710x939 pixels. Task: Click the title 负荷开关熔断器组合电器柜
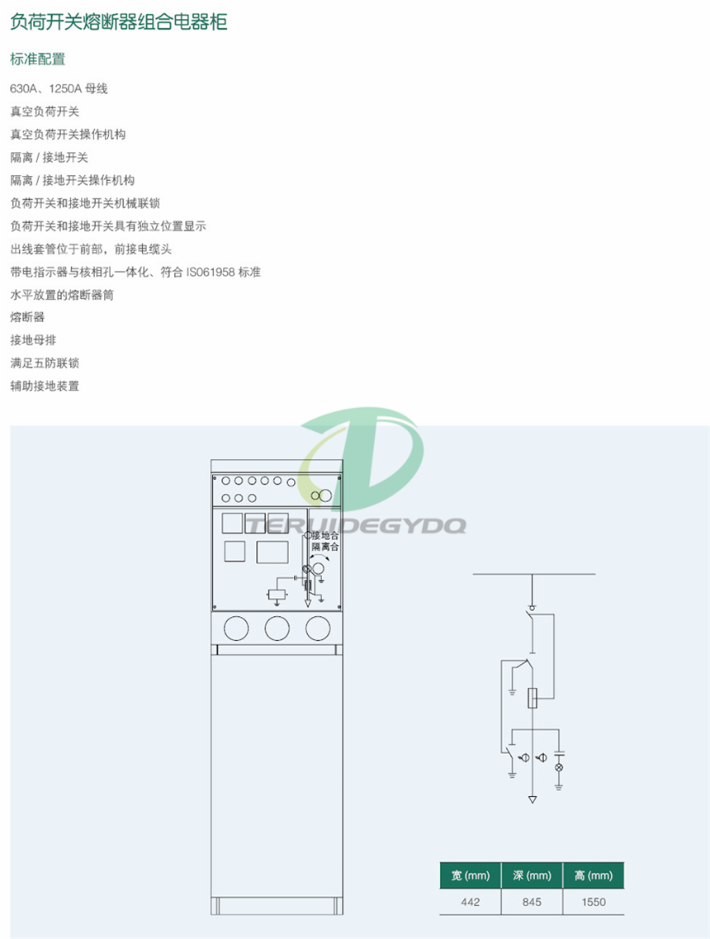[x=119, y=22]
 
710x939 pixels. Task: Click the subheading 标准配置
[x=37, y=59]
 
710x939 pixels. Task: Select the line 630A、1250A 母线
[x=59, y=88]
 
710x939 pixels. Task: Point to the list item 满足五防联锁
[x=45, y=363]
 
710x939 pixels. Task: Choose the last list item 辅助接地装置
[x=45, y=386]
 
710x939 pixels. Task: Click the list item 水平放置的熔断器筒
[x=62, y=295]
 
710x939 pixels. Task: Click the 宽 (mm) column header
[x=470, y=875]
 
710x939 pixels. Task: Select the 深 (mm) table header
[x=532, y=875]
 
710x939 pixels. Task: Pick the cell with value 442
[x=470, y=902]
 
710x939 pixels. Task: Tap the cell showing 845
[x=532, y=902]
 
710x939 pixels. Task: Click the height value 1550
[x=594, y=902]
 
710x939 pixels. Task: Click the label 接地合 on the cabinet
[x=325, y=535]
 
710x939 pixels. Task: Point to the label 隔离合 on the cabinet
[x=325, y=547]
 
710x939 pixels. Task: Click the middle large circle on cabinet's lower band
[x=277, y=628]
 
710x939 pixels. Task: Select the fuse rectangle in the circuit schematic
[x=532, y=698]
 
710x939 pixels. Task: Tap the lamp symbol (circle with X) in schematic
[x=559, y=767]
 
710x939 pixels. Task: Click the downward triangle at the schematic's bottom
[x=532, y=799]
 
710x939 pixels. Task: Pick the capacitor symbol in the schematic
[x=559, y=753]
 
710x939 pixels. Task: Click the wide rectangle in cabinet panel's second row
[x=272, y=552]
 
